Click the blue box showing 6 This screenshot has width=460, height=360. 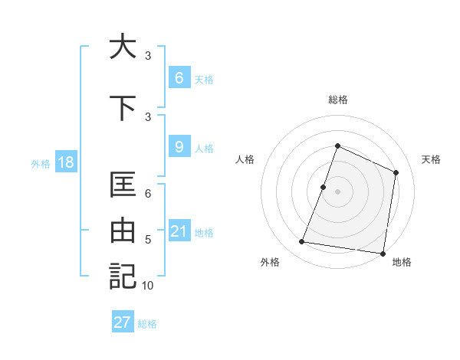coord(179,78)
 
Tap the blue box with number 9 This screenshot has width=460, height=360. coord(179,147)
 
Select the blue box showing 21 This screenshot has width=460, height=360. coord(179,231)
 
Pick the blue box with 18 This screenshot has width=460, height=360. coord(65,162)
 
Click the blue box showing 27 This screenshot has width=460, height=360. coord(123,322)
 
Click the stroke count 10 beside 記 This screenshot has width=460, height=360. coord(148,286)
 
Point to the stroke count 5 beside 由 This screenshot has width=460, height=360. coord(148,240)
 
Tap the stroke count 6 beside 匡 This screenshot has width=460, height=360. coord(148,195)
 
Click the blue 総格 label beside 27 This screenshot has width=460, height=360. coord(147,323)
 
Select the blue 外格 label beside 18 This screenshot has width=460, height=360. coord(41,163)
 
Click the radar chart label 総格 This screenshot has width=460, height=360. coord(337,100)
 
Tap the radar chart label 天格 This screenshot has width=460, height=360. coord(431,159)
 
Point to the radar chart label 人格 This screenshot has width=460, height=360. coord(245,159)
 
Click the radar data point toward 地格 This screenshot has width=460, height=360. coord(383,254)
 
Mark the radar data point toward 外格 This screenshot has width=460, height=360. coord(302,242)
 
